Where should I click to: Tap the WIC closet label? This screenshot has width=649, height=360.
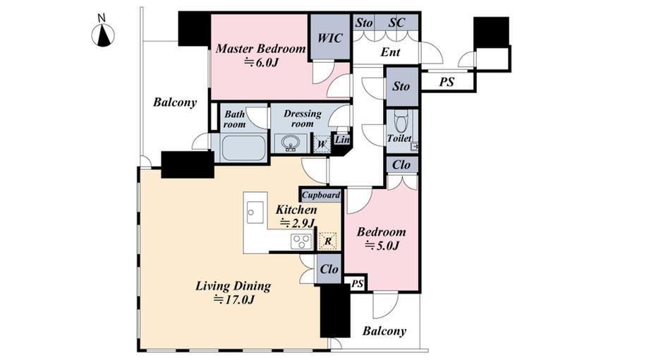pyautogui.click(x=330, y=38)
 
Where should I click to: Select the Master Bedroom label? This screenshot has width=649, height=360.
pyautogui.click(x=260, y=49)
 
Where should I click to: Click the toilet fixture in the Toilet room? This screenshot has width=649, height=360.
pyautogui.click(x=401, y=121)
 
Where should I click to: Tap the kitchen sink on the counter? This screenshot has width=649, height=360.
pyautogui.click(x=255, y=212)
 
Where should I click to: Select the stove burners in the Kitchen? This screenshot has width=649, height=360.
pyautogui.click(x=301, y=241)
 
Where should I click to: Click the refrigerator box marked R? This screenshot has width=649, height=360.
pyautogui.click(x=327, y=241)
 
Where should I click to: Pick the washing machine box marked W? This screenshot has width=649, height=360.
pyautogui.click(x=322, y=145)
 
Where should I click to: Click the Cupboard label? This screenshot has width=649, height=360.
pyautogui.click(x=321, y=195)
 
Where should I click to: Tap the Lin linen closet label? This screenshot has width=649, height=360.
pyautogui.click(x=342, y=140)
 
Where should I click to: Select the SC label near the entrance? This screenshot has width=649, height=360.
pyautogui.click(x=396, y=23)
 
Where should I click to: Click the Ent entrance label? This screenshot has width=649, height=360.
pyautogui.click(x=390, y=52)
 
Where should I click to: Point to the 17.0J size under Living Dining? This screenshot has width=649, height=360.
pyautogui.click(x=233, y=299)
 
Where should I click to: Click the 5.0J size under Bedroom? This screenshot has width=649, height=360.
pyautogui.click(x=382, y=245)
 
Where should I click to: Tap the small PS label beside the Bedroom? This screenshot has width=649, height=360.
pyautogui.click(x=357, y=284)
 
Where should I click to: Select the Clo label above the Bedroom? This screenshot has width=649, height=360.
pyautogui.click(x=401, y=165)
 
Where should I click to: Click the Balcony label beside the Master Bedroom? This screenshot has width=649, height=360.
pyautogui.click(x=175, y=102)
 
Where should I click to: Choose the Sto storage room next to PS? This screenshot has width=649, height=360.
pyautogui.click(x=401, y=87)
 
